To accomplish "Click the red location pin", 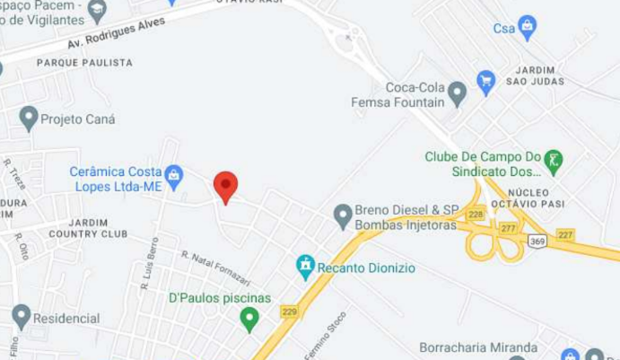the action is [225, 187].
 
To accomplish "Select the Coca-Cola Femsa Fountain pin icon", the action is [458, 92].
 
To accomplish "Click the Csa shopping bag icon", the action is [527, 28].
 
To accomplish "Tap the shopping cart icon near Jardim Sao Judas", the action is [486, 82].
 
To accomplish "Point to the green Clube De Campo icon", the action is [554, 162].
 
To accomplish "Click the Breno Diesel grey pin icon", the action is [343, 215].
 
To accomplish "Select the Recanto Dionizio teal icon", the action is [306, 267].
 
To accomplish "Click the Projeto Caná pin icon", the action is [29, 119].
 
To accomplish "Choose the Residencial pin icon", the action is [22, 317].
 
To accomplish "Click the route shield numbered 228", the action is [476, 214].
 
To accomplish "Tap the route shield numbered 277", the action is [509, 229].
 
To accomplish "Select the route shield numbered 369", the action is [538, 241].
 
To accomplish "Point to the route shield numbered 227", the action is [564, 234].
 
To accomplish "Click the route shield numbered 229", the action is [289, 312].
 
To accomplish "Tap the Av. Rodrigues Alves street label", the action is [117, 34].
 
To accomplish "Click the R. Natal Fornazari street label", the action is [215, 268].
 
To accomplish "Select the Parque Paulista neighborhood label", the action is [84, 63].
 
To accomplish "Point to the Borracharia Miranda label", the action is [478, 347].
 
